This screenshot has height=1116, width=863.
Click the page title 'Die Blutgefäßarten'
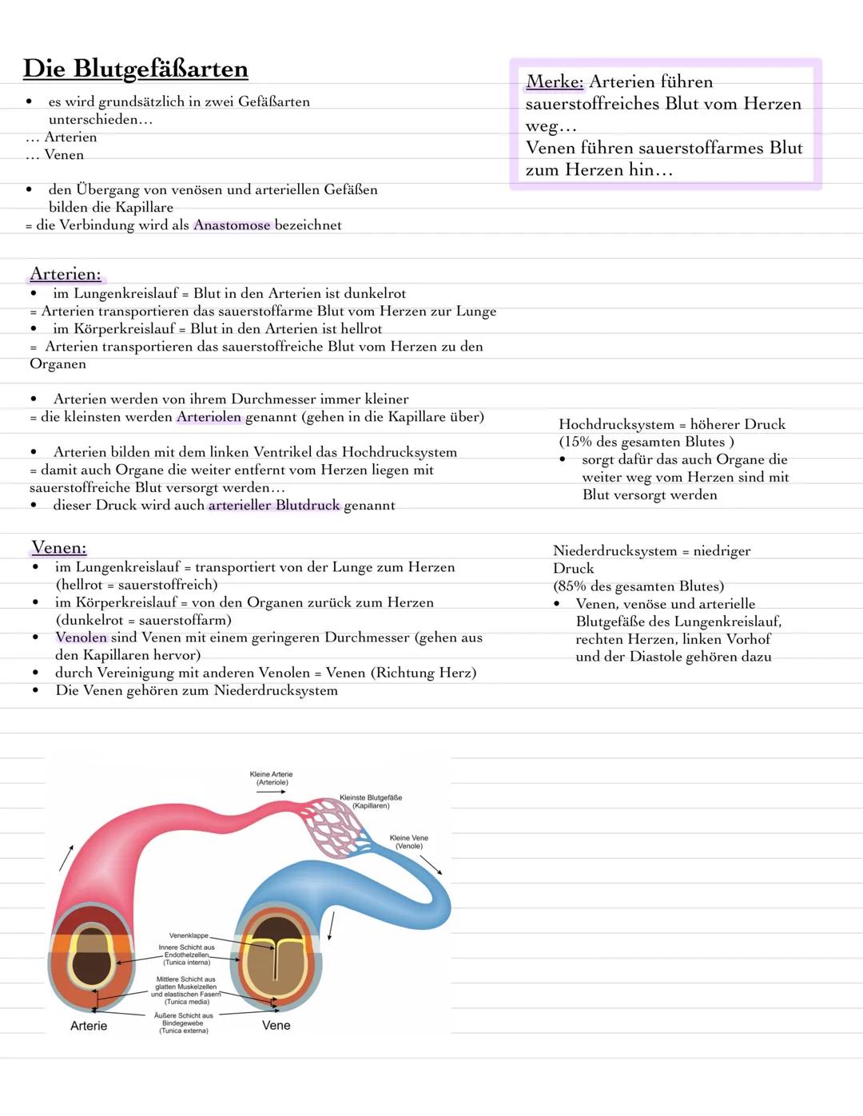(135, 69)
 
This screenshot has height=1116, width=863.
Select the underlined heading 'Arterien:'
(66, 275)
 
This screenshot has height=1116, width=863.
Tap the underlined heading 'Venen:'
(58, 548)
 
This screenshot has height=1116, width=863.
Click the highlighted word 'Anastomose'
(232, 225)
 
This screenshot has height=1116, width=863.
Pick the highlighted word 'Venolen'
(81, 637)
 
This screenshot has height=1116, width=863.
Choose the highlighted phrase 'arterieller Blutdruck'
(273, 506)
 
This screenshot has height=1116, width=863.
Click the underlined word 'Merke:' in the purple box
(555, 81)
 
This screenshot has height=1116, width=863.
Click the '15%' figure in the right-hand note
(578, 443)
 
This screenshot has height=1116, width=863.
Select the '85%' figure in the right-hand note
(572, 586)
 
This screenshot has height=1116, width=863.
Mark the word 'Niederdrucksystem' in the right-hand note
(614, 551)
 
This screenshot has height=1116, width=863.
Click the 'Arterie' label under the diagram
(89, 1026)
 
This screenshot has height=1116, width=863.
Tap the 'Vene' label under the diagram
(276, 1026)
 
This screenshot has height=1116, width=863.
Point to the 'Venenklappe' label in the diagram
(189, 935)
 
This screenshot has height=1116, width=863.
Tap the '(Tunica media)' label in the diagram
(187, 1002)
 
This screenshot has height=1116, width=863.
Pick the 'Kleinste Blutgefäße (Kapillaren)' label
(371, 801)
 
